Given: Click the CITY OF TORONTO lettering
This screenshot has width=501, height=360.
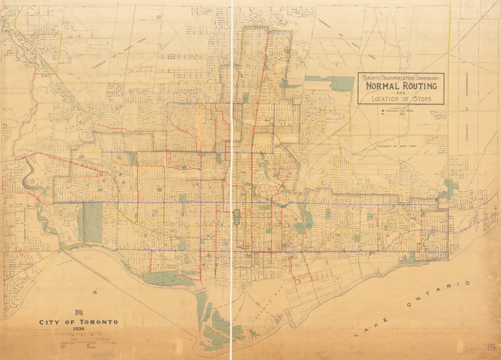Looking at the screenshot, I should (x=78, y=322).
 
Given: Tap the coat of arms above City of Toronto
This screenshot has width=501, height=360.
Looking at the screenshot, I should (x=78, y=312).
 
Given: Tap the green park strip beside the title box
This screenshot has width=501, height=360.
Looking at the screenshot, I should (x=338, y=82).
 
